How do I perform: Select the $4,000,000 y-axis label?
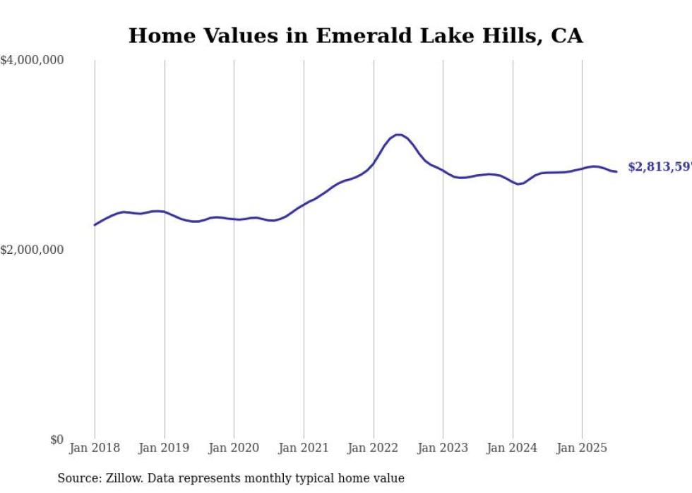coord(32,61)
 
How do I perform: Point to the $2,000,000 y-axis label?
coord(32,250)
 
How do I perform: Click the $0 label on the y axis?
coord(56,439)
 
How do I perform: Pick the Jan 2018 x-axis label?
coord(95,448)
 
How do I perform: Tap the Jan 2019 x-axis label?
coord(165,448)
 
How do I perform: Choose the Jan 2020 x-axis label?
coord(234,448)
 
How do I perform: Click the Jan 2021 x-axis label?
coord(304,448)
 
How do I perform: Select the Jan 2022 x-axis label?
coord(374,448)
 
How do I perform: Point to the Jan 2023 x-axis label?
coord(443,448)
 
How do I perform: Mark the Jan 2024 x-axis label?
coord(513,448)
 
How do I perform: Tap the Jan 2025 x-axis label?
coord(582,448)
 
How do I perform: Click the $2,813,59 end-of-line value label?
coord(659,167)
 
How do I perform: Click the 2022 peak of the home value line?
coord(399,134)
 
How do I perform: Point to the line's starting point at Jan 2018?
coord(95,225)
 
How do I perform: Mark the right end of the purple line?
coord(616,171)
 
